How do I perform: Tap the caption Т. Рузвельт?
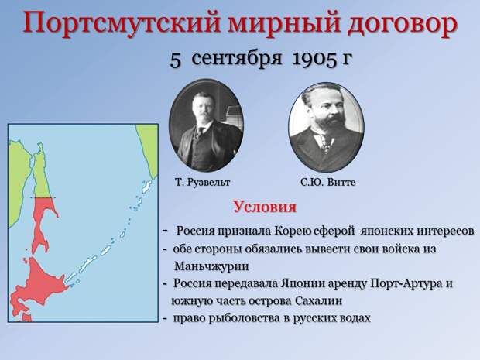[x=203, y=182]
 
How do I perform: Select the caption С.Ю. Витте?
[x=327, y=182]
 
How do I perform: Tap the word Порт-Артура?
[x=400, y=283]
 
